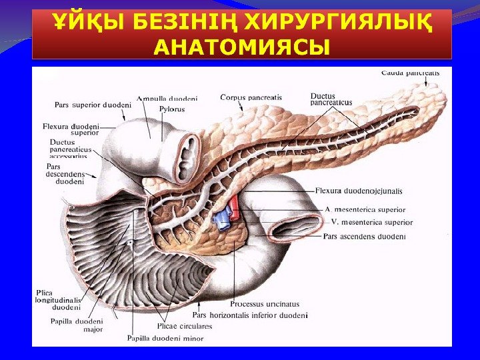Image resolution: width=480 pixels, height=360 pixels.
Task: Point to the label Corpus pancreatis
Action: coord(251,97)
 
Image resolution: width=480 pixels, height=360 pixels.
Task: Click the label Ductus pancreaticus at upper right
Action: coord(331,99)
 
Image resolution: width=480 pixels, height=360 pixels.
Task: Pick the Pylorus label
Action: coord(172,109)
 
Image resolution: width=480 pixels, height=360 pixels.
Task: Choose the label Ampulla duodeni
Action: coord(167,99)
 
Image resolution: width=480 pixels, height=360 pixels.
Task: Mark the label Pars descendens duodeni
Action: coord(67,173)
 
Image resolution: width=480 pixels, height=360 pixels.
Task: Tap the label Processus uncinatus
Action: coord(265,304)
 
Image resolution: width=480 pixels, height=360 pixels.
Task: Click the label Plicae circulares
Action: coord(185,326)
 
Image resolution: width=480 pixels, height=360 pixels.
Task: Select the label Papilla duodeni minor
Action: coord(165,338)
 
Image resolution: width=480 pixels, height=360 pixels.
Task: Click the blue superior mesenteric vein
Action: coord(222,219)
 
